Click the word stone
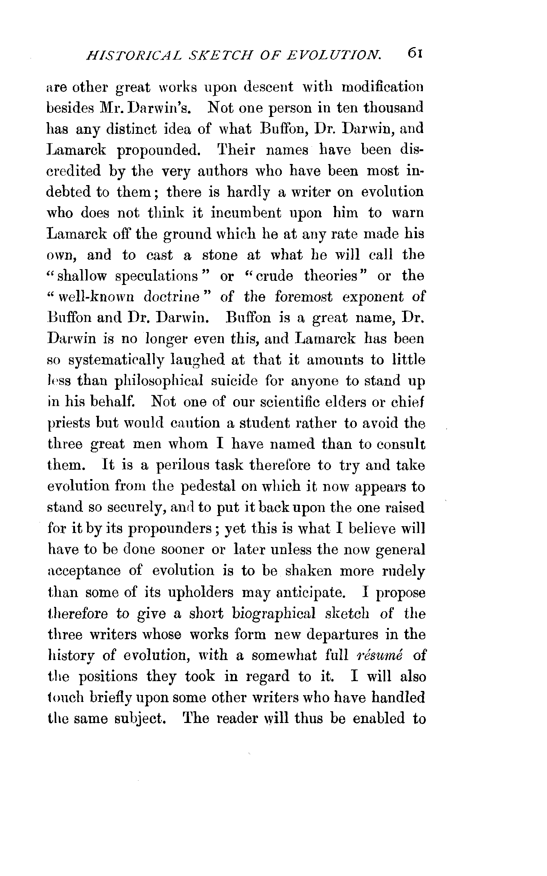220,255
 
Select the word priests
68,424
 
